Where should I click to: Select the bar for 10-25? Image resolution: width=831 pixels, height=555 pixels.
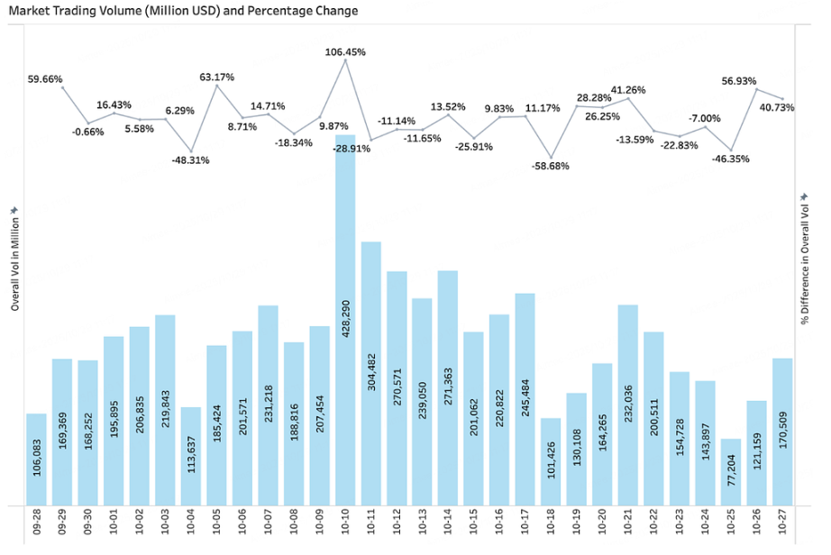731,472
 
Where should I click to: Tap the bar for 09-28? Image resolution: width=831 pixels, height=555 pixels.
36,459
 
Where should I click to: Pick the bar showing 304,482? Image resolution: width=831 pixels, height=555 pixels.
371,374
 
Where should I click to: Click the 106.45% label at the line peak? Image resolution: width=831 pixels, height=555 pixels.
345,52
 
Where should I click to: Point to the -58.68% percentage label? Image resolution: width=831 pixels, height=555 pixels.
550,166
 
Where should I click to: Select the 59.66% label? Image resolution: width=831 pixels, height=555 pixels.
45,79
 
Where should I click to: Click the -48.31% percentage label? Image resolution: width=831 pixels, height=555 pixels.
190,160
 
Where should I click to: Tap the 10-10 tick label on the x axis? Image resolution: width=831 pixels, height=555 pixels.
346,523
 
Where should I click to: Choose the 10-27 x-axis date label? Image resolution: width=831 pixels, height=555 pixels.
783,523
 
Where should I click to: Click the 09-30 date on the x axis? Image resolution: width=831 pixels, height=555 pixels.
88,523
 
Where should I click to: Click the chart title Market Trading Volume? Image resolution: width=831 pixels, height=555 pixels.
183,11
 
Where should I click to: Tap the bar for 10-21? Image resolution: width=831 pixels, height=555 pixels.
628,405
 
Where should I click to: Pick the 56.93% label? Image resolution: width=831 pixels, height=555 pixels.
738,81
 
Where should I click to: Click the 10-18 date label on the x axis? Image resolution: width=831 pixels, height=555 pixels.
552,523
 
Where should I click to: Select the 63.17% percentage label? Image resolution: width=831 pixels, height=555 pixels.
216,77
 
